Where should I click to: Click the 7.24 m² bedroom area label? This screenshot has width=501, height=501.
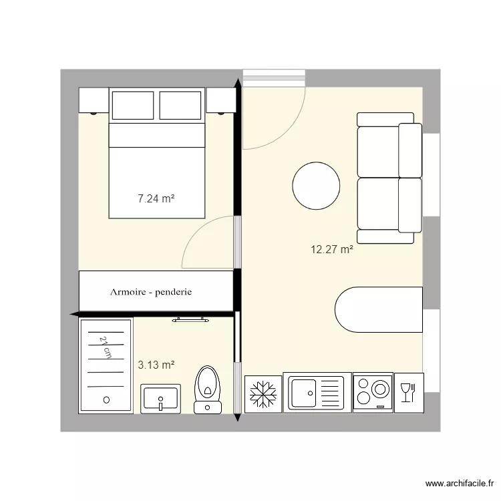[156, 198]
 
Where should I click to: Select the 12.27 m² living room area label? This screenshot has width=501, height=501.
[331, 250]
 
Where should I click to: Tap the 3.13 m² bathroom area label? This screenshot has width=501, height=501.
[156, 365]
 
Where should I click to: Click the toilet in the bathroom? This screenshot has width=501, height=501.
[208, 389]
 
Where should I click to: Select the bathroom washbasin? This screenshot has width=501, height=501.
[160, 399]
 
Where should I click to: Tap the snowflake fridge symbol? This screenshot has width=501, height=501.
[263, 393]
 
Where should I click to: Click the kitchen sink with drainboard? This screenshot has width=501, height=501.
[317, 393]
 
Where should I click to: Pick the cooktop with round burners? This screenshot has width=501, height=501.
[373, 393]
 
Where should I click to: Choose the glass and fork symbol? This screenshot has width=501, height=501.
[407, 392]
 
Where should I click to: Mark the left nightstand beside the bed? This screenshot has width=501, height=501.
[94, 101]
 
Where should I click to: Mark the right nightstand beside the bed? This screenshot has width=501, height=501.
[220, 101]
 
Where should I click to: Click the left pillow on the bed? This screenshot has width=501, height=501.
[133, 106]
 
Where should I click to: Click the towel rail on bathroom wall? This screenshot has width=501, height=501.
[191, 320]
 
